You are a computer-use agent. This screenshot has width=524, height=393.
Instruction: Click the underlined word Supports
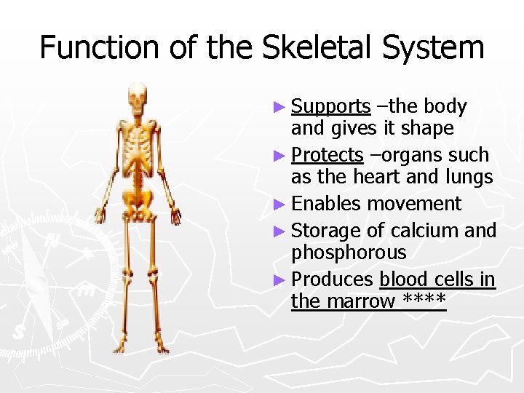330,107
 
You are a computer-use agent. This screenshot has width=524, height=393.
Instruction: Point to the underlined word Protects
327,155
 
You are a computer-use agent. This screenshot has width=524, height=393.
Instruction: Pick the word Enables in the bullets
326,204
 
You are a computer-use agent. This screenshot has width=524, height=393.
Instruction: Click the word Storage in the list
325,231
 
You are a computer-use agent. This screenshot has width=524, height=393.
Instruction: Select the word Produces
332,279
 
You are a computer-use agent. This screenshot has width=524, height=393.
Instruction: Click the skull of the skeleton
137,95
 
